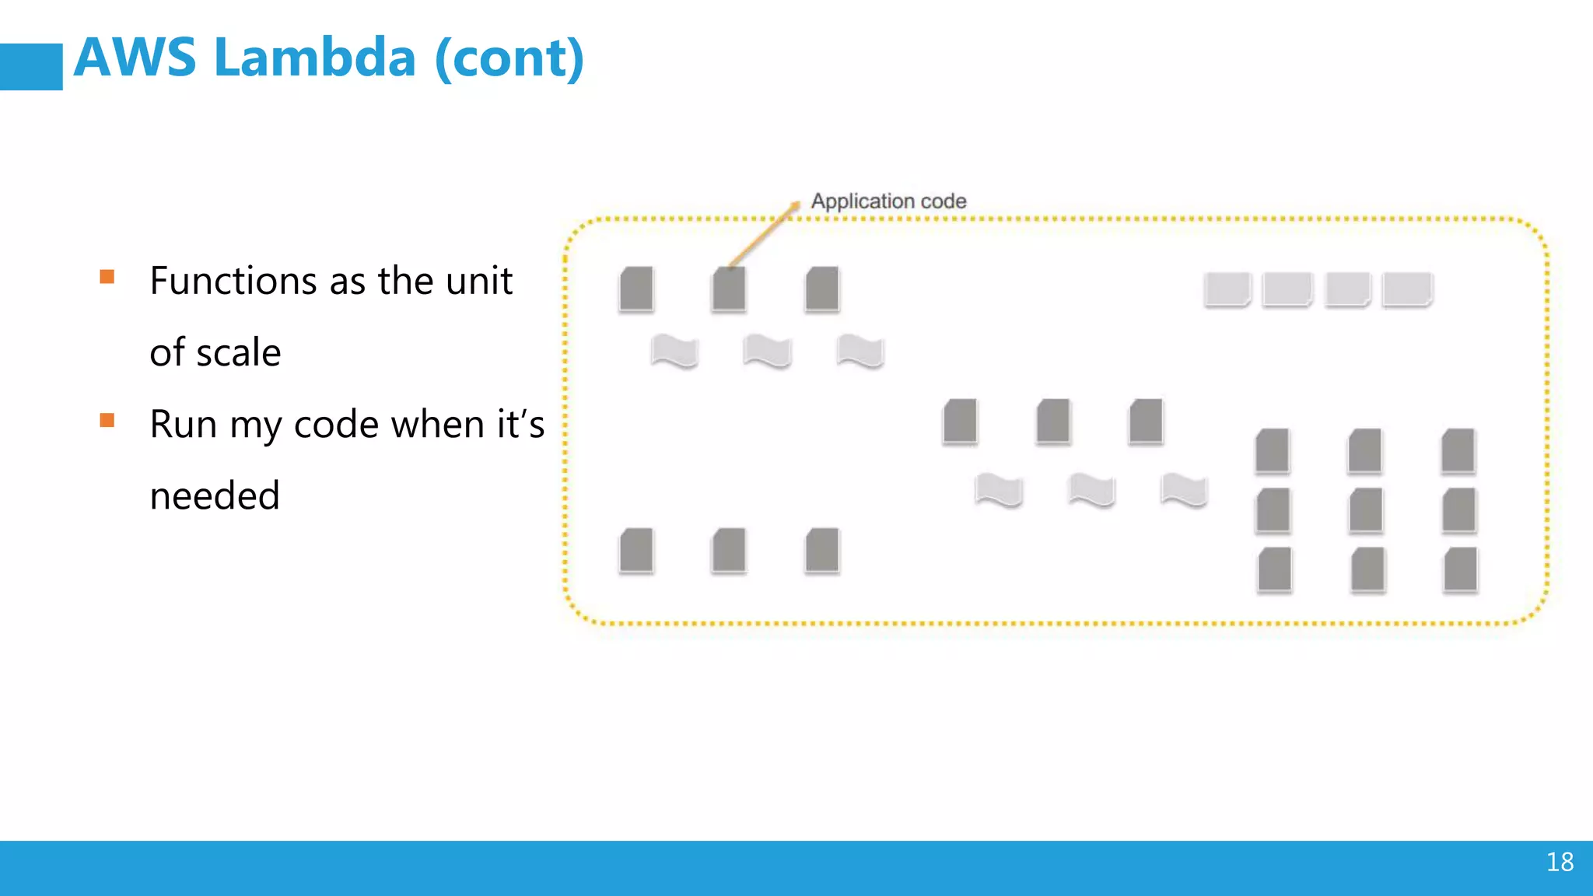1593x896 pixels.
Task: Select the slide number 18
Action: click(1560, 862)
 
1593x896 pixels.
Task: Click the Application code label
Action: click(888, 201)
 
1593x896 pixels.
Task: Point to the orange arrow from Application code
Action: click(765, 234)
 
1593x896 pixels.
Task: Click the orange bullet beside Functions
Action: click(107, 277)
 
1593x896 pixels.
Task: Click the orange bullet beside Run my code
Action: click(107, 421)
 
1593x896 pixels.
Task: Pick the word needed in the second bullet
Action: click(215, 495)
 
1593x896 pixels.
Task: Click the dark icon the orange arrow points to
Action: click(729, 289)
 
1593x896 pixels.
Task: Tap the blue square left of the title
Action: click(31, 66)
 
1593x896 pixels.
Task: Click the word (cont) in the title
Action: click(509, 59)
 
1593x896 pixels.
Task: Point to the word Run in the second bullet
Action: click(183, 425)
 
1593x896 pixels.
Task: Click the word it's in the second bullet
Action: click(520, 425)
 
